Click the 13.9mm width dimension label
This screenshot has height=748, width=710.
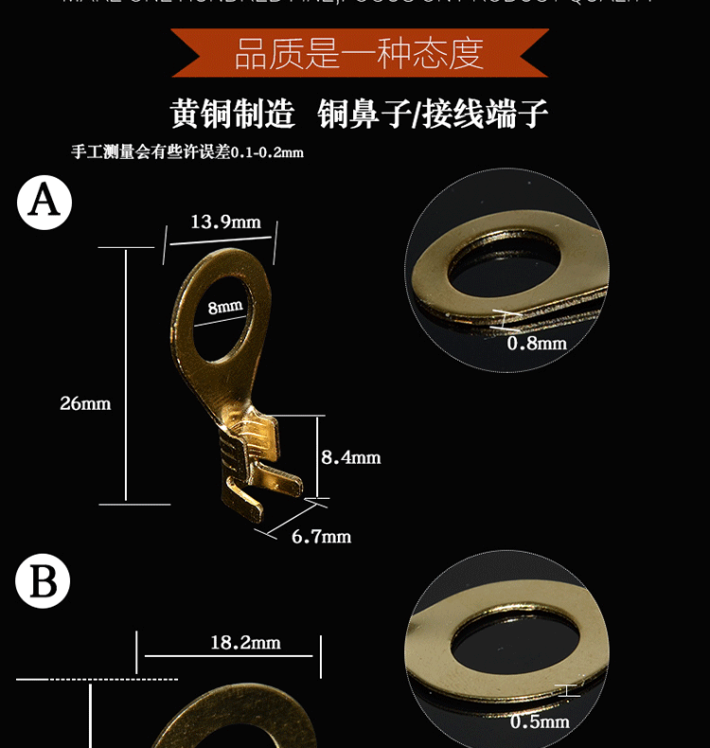pos(225,223)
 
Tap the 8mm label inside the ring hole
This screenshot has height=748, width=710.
pos(225,307)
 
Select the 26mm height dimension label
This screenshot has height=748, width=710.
pos(85,403)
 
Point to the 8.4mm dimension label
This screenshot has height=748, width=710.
pos(350,457)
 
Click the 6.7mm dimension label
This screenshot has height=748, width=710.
pos(321,537)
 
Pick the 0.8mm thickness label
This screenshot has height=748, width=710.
pos(537,343)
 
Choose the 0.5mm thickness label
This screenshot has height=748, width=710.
pos(540,721)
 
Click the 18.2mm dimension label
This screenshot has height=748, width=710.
pos(245,643)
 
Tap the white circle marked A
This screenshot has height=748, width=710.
pos(44,202)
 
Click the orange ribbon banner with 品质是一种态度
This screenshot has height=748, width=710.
pos(359,53)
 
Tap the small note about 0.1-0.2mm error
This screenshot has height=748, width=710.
pos(187,151)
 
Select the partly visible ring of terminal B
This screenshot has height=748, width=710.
pos(227,724)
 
